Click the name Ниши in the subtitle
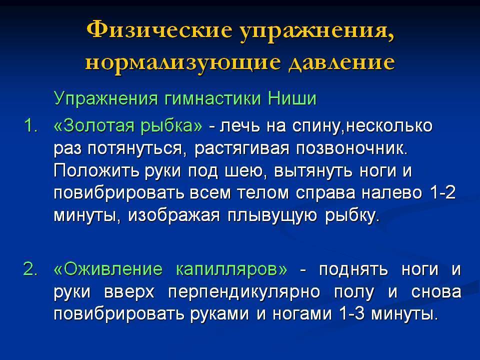coord(292,98)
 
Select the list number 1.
coord(30,126)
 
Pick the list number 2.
coord(30,269)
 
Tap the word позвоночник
coord(352,148)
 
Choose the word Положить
coord(96,171)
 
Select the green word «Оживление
coord(108,269)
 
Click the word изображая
coord(174,216)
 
